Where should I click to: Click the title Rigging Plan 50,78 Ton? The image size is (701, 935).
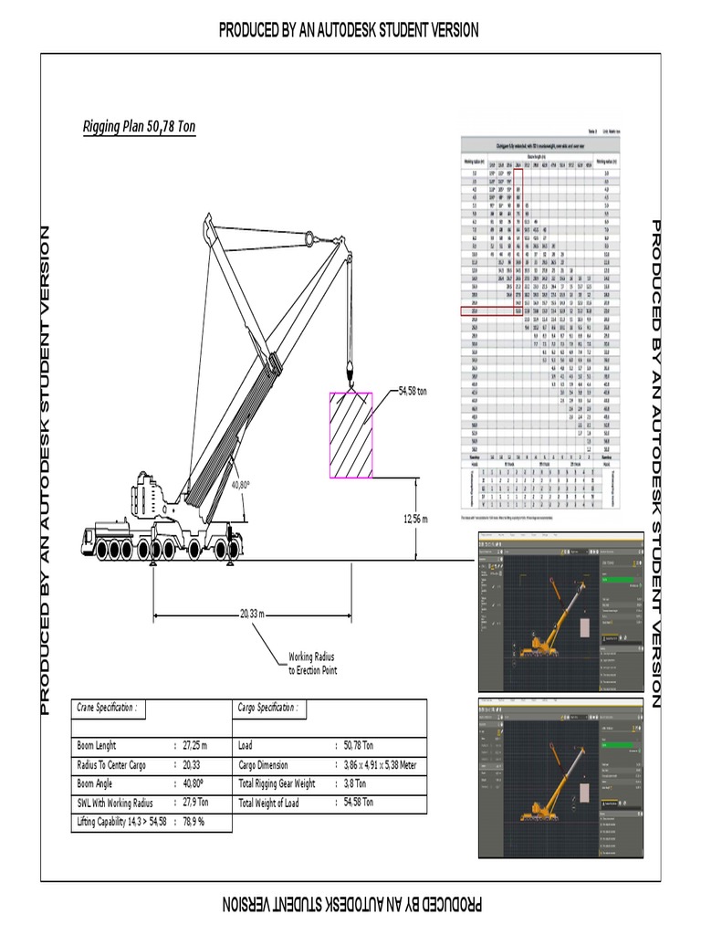[x=139, y=127]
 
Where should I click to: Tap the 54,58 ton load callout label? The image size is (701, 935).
[x=419, y=391]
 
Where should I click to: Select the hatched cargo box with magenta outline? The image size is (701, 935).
[x=350, y=435]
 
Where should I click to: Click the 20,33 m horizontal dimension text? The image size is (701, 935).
[x=252, y=614]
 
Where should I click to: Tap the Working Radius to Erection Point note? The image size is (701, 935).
[x=313, y=663]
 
